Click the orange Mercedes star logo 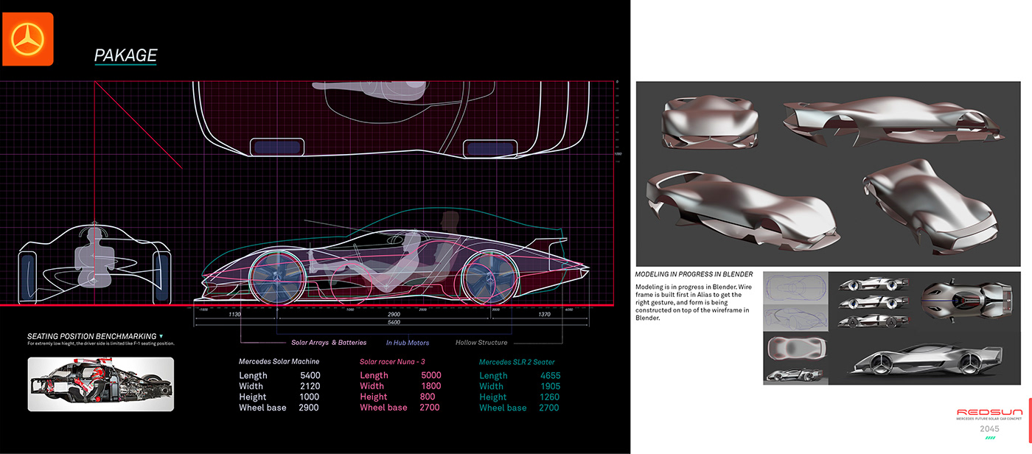click(28, 39)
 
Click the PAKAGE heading click(125, 55)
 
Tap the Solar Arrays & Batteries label click(329, 343)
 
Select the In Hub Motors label click(408, 343)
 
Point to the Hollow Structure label click(481, 343)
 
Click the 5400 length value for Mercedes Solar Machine click(310, 376)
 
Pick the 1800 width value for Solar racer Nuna click(430, 386)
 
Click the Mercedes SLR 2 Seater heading click(517, 362)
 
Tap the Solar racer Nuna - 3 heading click(392, 362)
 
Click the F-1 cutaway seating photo click(101, 384)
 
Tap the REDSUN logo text click(989, 413)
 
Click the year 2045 click(989, 428)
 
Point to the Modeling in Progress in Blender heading click(694, 274)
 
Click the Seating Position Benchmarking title click(91, 336)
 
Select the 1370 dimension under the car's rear click(544, 315)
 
